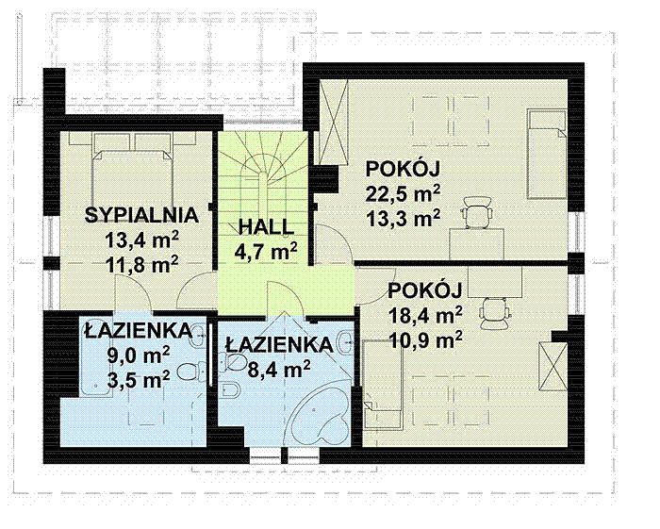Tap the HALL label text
266,227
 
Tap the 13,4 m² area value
142,238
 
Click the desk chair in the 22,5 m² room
478,215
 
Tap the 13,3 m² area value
404,220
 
